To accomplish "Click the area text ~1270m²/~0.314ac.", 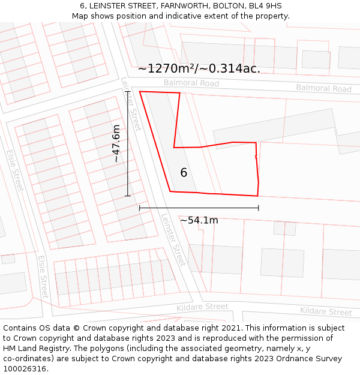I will pyautogui.click(x=199, y=68).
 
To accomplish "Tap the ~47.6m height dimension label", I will pyautogui.click(x=116, y=143).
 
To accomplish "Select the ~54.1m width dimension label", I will pyautogui.click(x=199, y=220).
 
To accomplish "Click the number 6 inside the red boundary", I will pyautogui.click(x=184, y=173).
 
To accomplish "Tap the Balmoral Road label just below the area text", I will pyautogui.click(x=191, y=83).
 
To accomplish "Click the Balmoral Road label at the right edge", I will pyautogui.click(x=323, y=88).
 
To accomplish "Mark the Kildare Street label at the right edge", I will pyautogui.click(x=326, y=312).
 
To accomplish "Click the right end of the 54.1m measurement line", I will pyautogui.click(x=259, y=208).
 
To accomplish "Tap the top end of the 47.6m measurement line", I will pyautogui.click(x=127, y=91).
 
